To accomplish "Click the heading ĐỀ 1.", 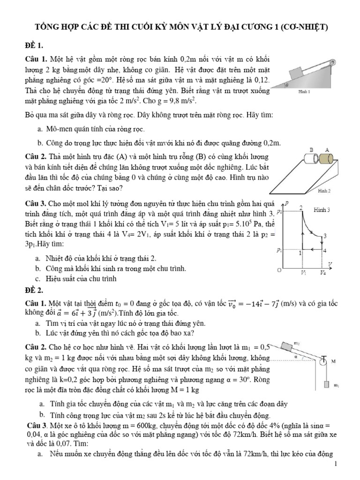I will tap(34, 45).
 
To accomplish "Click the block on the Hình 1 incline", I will tap(298, 73).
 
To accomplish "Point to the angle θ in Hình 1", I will tap(286, 86).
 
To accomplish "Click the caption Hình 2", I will tap(324, 191).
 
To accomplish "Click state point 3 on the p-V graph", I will tap(325, 235).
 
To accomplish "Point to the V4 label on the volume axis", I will tap(323, 272).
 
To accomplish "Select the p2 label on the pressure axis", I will tap(280, 212).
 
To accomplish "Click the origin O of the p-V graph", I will tap(280, 271).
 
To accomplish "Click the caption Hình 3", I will tap(322, 209).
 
